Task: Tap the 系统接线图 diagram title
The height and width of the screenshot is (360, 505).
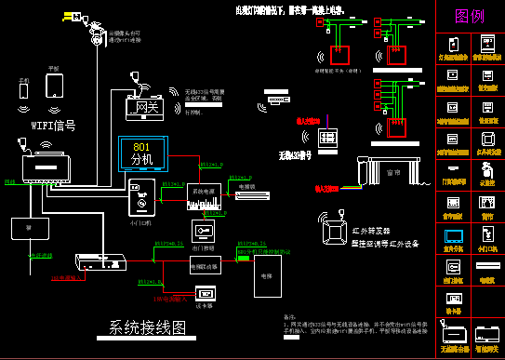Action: coord(148,327)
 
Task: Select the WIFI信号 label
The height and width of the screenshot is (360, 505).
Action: coord(53,124)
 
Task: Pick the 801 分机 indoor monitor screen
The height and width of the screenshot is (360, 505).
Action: coord(141,153)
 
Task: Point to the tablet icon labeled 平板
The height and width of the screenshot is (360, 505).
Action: coord(54,86)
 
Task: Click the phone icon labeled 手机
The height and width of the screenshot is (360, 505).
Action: coord(24,97)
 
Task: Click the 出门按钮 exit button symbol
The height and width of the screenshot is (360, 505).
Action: coord(204,231)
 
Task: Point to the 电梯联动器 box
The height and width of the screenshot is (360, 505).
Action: coord(205,265)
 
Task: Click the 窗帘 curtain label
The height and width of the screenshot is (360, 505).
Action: coord(392,172)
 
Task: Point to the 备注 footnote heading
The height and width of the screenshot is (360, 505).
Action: coord(287,316)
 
